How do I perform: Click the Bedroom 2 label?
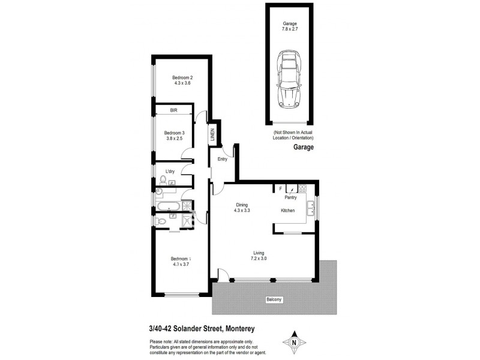tap(182, 77)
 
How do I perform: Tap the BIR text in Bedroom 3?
tap(173, 110)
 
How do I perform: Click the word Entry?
tap(223, 159)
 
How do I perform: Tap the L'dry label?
tap(170, 172)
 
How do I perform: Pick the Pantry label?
tap(290, 196)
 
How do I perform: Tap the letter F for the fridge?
tap(280, 188)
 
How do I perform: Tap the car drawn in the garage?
tap(289, 78)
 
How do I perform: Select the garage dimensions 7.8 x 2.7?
tap(290, 29)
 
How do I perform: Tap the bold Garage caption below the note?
tap(304, 147)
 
